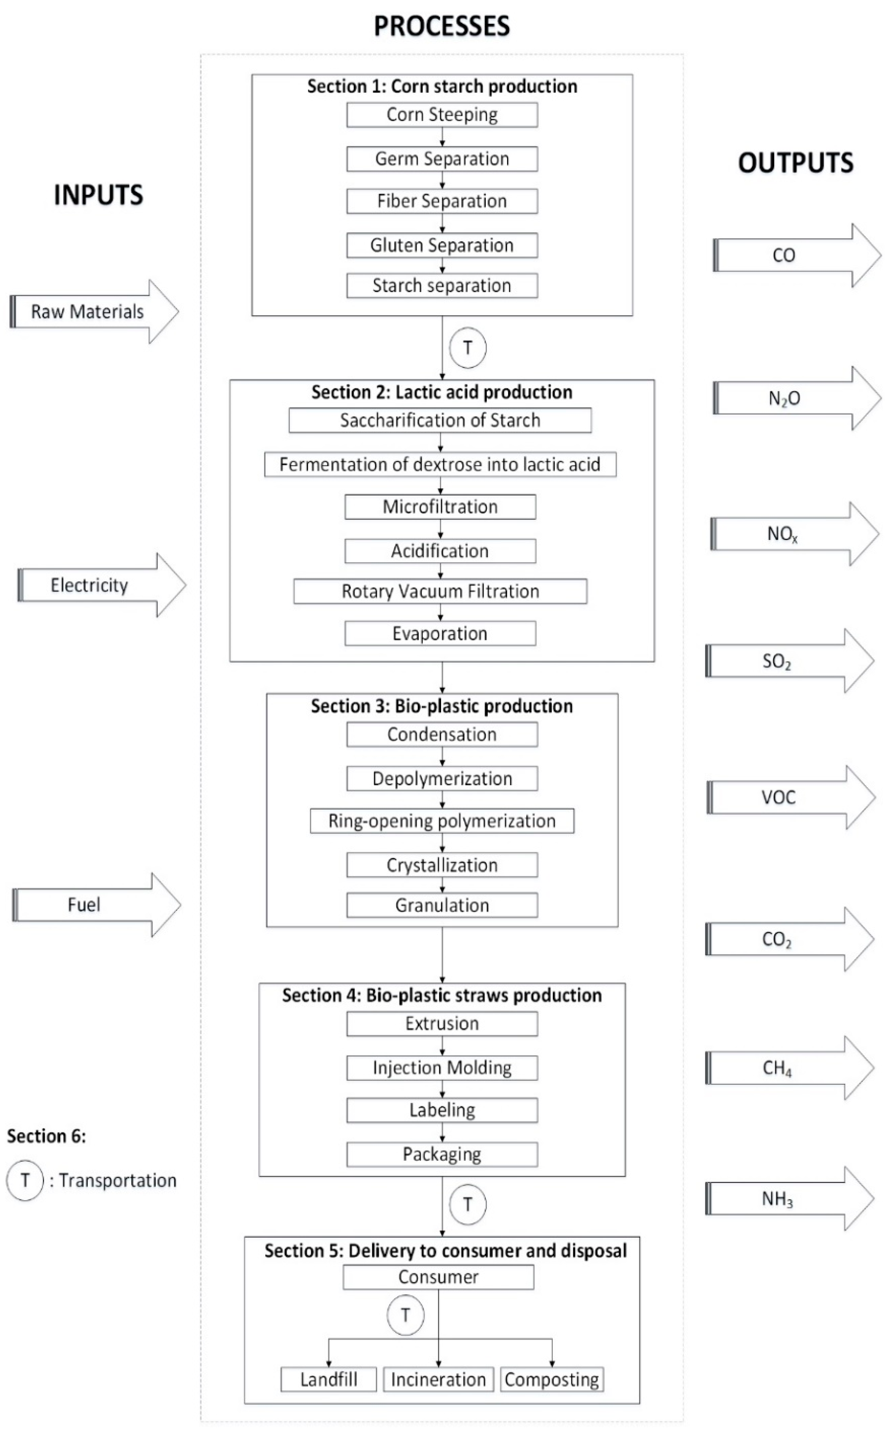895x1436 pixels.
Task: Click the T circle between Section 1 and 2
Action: point(468,348)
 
